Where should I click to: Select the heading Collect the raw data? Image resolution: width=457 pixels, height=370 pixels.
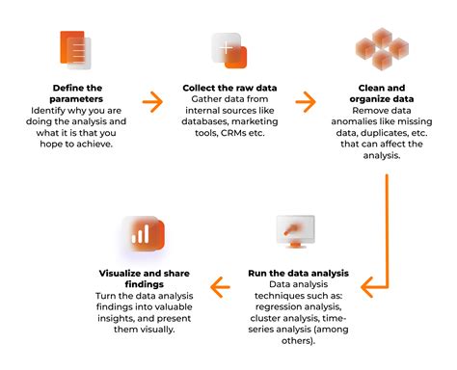click(x=228, y=88)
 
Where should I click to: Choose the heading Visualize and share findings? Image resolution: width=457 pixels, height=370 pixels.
click(x=145, y=277)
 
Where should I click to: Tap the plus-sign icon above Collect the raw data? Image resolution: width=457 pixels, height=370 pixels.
click(x=228, y=49)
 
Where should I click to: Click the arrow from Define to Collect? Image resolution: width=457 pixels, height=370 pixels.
click(x=152, y=99)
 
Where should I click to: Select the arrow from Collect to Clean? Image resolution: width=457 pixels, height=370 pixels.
click(x=306, y=99)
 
